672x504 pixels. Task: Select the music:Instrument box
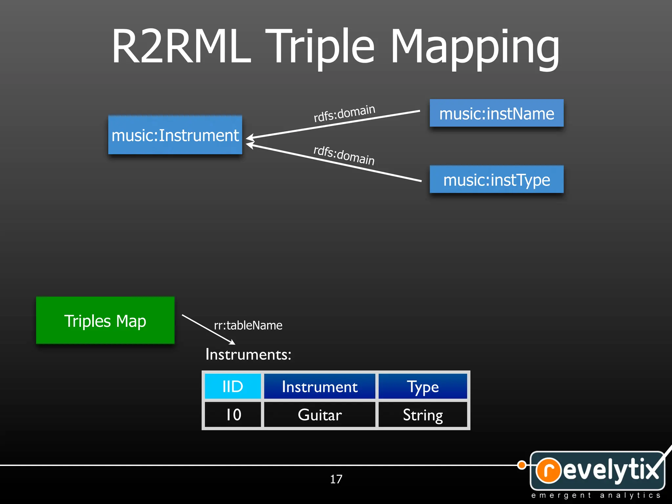click(175, 135)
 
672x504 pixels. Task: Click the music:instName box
click(496, 114)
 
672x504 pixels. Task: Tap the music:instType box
click(496, 180)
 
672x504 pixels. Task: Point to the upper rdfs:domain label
click(344, 113)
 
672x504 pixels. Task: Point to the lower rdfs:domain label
click(344, 155)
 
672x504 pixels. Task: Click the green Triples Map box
click(105, 321)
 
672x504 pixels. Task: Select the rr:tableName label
click(248, 325)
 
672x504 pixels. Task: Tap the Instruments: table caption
click(248, 354)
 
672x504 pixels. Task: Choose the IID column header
click(233, 386)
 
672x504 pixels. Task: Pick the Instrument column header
click(320, 386)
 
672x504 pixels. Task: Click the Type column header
click(423, 386)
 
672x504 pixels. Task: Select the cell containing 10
click(233, 414)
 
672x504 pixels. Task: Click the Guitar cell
click(320, 414)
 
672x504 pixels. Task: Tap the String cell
click(423, 414)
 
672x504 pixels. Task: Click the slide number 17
click(336, 479)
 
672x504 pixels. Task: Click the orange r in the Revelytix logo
click(548, 470)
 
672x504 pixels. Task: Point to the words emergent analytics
click(596, 495)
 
